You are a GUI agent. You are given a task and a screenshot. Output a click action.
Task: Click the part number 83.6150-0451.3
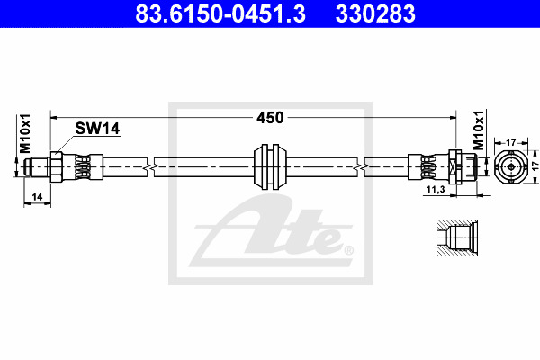220,13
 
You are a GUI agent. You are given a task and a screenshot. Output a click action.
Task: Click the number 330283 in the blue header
375,13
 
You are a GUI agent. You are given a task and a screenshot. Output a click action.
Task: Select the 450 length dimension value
270,118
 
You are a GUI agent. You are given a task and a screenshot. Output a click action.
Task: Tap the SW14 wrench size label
97,129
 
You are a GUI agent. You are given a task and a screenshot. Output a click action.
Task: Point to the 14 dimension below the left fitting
37,197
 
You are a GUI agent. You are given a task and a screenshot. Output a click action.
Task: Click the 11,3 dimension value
436,189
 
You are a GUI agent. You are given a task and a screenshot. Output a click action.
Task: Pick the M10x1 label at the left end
25,134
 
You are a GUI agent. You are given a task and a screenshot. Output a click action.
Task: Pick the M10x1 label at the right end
479,130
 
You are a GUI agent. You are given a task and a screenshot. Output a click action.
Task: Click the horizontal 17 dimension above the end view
511,142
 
